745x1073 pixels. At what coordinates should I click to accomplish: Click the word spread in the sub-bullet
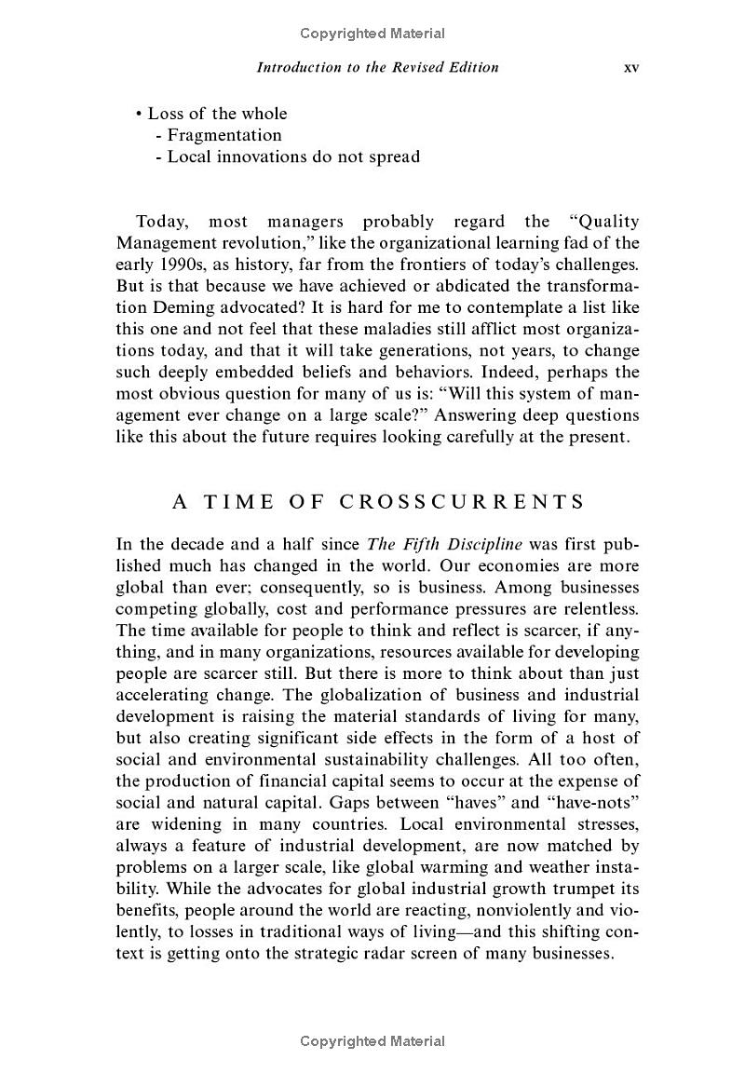tap(394, 156)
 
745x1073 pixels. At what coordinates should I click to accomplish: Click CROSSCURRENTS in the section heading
tap(462, 502)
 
